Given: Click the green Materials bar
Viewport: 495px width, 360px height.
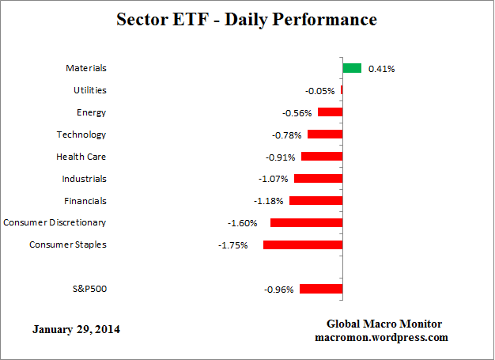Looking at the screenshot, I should coord(352,68).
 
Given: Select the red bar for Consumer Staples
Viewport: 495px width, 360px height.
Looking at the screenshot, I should coord(303,245).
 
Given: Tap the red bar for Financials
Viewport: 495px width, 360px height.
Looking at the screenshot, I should coord(316,201).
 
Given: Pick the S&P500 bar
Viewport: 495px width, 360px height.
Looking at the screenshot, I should coord(321,289).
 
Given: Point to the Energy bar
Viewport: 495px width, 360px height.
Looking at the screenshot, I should coord(330,112).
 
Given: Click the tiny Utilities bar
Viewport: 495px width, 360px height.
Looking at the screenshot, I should coord(342,90).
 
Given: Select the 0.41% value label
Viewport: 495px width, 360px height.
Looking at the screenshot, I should coord(381,69).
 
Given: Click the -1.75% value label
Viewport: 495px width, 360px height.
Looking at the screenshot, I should coord(232,245).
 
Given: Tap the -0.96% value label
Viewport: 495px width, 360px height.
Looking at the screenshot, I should coord(278,290).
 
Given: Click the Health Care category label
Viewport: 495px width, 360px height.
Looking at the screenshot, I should coord(81,157).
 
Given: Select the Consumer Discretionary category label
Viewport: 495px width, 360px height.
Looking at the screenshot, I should coord(55,222).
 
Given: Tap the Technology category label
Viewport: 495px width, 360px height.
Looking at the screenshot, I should coord(81,135).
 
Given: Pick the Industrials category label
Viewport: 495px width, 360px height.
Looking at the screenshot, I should coord(84,179).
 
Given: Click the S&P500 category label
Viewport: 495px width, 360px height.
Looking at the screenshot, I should coord(89,289).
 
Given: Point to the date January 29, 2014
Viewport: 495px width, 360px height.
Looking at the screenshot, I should coord(77,328).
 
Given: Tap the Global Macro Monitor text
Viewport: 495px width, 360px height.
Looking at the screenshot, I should coord(384,324).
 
